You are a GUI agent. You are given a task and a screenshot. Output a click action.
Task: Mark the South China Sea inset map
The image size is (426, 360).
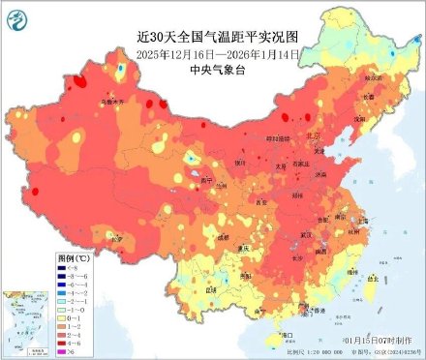point(26,324)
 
